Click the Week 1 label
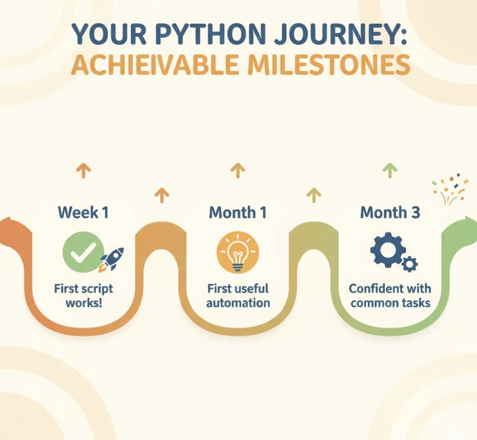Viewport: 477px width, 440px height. pyautogui.click(x=83, y=213)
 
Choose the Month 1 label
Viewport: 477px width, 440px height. pyautogui.click(x=237, y=213)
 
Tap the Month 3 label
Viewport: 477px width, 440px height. pyautogui.click(x=390, y=213)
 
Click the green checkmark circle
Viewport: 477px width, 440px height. pyautogui.click(x=79, y=253)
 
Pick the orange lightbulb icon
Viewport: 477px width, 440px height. pyautogui.click(x=237, y=253)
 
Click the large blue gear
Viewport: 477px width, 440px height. pyautogui.click(x=387, y=250)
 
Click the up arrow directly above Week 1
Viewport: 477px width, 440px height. pyautogui.click(x=83, y=171)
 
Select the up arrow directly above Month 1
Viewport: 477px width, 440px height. pyautogui.click(x=237, y=171)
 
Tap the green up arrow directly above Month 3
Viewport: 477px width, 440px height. pyautogui.click(x=390, y=171)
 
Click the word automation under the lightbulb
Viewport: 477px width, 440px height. pyautogui.click(x=238, y=303)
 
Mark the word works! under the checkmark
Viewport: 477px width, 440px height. pyautogui.click(x=83, y=303)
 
